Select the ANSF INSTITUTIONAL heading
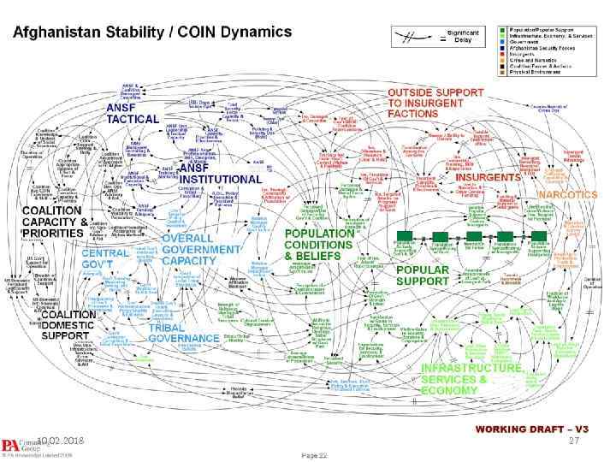[x=220, y=174]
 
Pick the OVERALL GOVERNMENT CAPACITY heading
[x=201, y=249]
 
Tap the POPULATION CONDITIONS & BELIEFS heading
[x=319, y=244]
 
